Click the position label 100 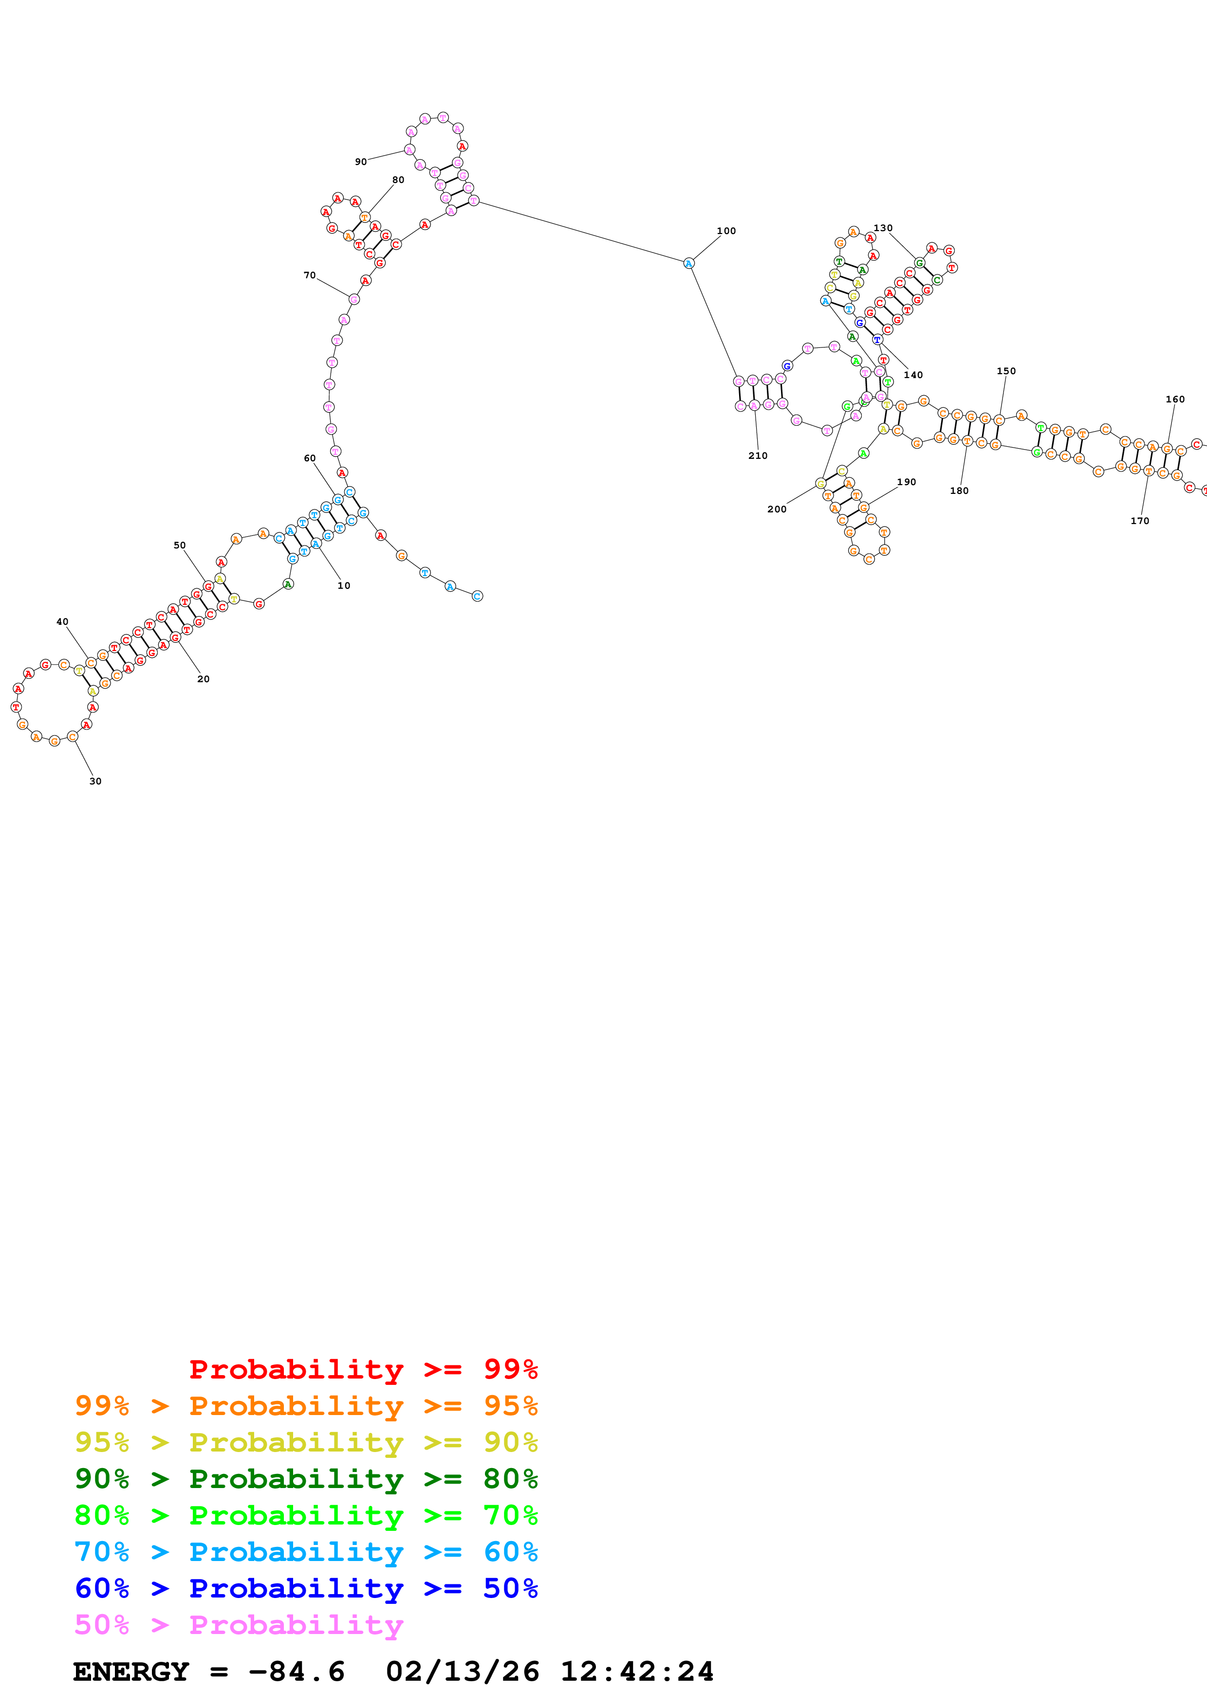tap(726, 231)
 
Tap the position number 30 tap(95, 781)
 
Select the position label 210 tap(757, 456)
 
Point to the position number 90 tap(361, 162)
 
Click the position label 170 tap(1139, 521)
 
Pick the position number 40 tap(62, 621)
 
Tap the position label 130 tap(883, 228)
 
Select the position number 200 tap(777, 509)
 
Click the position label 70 tap(309, 275)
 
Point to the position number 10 tap(344, 586)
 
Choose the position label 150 tap(1005, 371)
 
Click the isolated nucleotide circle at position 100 tap(688, 263)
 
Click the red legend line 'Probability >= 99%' tap(363, 1369)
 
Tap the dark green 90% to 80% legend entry tap(306, 1479)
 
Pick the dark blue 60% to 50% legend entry tap(306, 1588)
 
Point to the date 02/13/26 tap(462, 1672)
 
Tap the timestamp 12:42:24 tap(636, 1672)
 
